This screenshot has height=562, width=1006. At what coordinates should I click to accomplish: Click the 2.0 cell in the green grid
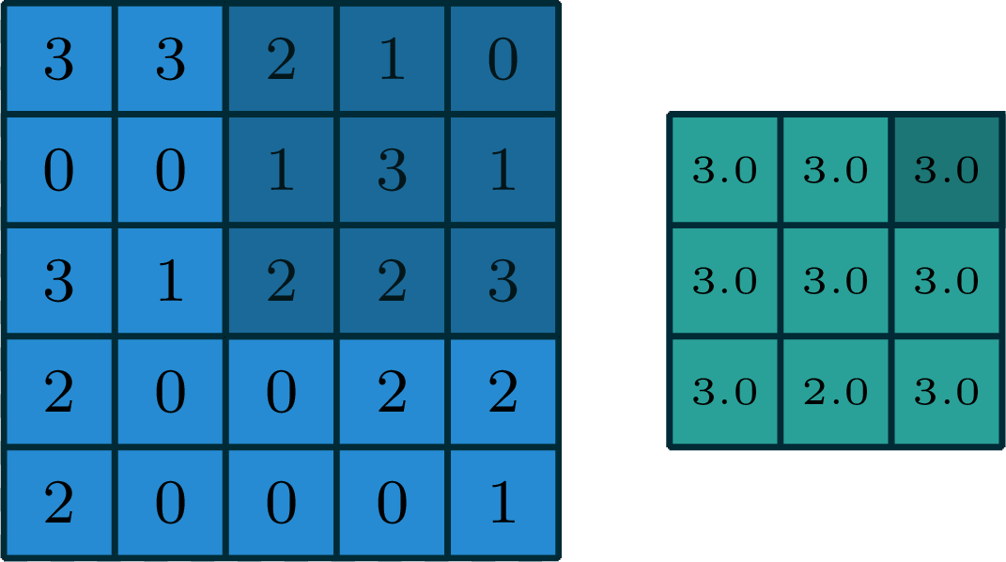click(x=835, y=391)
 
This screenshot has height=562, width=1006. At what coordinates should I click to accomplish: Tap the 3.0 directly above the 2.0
click(x=835, y=280)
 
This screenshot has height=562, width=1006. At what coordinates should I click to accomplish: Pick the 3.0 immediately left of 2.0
click(x=724, y=391)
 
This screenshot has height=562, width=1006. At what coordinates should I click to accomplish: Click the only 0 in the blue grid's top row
click(x=503, y=59)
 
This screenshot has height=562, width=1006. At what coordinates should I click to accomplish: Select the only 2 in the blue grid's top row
click(x=281, y=59)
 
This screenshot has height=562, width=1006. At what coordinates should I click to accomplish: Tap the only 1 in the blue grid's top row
click(x=392, y=59)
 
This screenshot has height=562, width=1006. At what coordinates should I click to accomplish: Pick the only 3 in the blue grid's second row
click(x=392, y=170)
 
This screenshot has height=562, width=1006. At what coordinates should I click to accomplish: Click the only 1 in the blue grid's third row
click(x=170, y=280)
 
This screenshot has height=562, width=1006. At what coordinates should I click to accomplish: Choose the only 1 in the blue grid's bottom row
click(x=503, y=503)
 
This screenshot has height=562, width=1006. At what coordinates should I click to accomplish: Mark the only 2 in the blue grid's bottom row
click(x=59, y=503)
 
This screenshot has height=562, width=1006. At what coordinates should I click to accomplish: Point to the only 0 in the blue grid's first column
click(x=59, y=170)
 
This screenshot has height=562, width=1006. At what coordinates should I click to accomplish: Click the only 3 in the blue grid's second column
click(x=170, y=59)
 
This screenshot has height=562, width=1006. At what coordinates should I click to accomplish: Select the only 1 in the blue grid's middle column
click(x=281, y=170)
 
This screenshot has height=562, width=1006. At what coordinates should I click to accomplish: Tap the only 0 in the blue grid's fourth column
click(x=392, y=503)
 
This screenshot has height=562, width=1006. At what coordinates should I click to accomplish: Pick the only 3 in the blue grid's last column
click(x=503, y=280)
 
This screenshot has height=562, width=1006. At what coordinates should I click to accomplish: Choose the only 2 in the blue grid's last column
click(x=503, y=391)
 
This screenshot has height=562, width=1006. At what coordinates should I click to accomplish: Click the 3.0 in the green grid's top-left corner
click(x=724, y=170)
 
